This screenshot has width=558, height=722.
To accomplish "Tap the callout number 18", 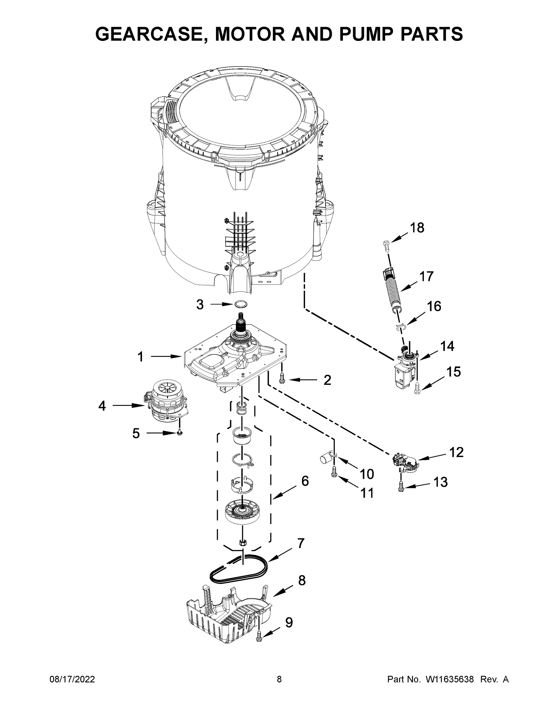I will tap(417, 228).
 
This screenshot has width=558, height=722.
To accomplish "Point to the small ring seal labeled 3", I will tap(241, 304).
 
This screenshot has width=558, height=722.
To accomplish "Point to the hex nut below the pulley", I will tap(243, 542).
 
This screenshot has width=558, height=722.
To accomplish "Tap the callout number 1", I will tap(140, 357).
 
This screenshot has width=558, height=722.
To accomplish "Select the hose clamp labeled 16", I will tap(400, 327).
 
